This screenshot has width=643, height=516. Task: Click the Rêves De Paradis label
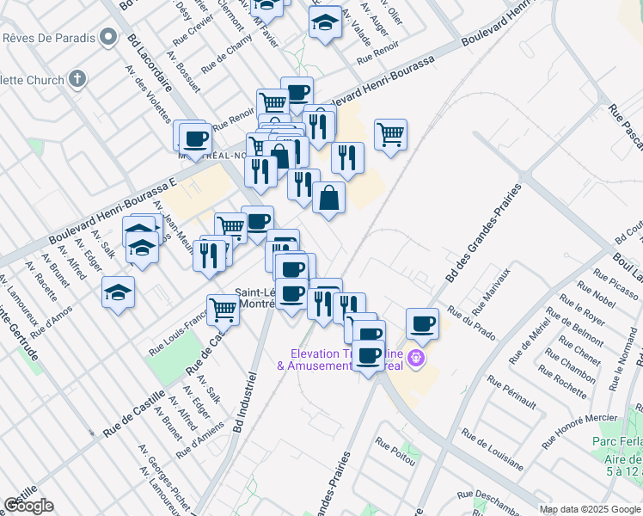[50, 37]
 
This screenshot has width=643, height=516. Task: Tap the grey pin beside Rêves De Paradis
[108, 37]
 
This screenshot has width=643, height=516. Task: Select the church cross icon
[77, 81]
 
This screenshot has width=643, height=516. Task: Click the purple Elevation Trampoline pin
[418, 356]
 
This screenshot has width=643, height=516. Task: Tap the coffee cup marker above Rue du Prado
[422, 323]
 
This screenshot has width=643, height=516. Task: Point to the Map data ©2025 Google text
[591, 509]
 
